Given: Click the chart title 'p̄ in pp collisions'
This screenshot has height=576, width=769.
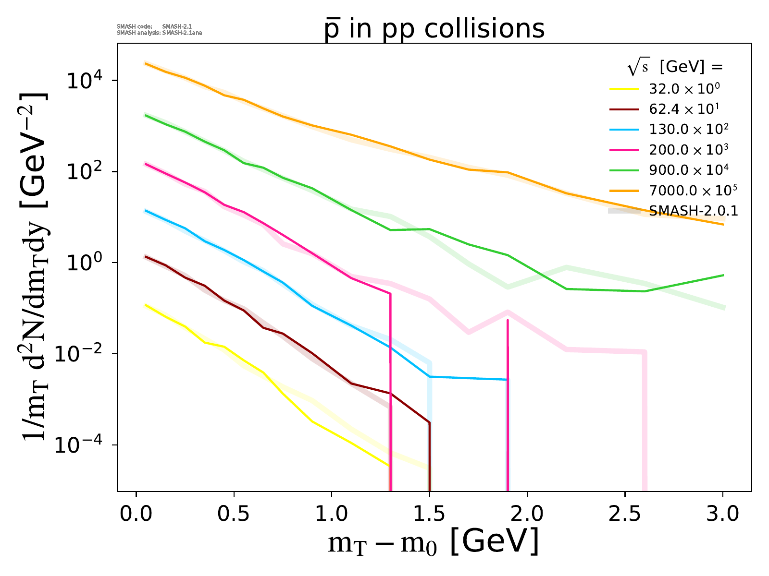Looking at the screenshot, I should click(x=434, y=29).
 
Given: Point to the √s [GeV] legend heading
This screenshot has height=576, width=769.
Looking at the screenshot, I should click(x=675, y=68).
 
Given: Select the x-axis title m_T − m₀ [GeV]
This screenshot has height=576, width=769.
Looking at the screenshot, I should click(x=433, y=542).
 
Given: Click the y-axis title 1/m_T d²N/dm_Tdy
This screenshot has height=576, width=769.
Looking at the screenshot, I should click(x=34, y=266).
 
